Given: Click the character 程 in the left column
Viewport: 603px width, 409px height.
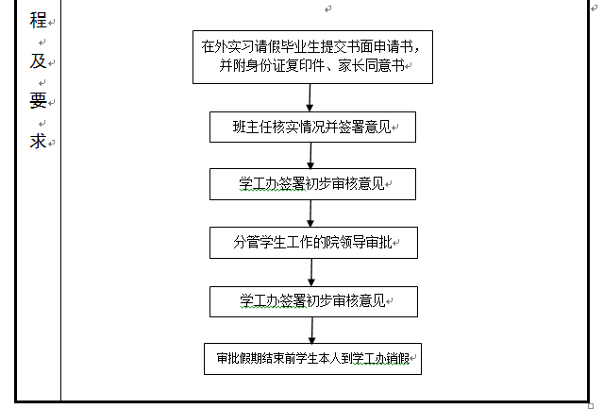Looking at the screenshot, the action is [x=38, y=20].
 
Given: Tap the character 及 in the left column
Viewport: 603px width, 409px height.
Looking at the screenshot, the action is [x=38, y=60].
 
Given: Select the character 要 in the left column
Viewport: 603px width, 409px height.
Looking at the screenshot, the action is [x=38, y=100].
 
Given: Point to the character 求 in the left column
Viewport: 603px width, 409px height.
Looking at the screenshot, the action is [x=38, y=141].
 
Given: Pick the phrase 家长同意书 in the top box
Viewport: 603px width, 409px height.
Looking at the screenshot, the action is [x=371, y=65].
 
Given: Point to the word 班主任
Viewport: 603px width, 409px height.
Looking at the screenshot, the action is [x=253, y=127].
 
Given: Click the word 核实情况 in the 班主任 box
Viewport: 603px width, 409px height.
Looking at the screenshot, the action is [x=299, y=127].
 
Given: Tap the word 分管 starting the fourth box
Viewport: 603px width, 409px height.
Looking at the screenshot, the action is [x=246, y=243].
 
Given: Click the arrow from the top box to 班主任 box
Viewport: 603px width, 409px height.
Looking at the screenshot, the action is [x=310, y=97].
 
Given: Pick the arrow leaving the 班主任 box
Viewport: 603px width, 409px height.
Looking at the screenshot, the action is [x=310, y=156].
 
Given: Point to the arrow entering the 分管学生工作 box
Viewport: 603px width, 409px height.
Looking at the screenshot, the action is [x=310, y=213].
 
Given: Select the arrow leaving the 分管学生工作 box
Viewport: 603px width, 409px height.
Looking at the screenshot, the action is [x=311, y=272].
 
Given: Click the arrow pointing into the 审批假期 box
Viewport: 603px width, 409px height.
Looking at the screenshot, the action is [x=312, y=331].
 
